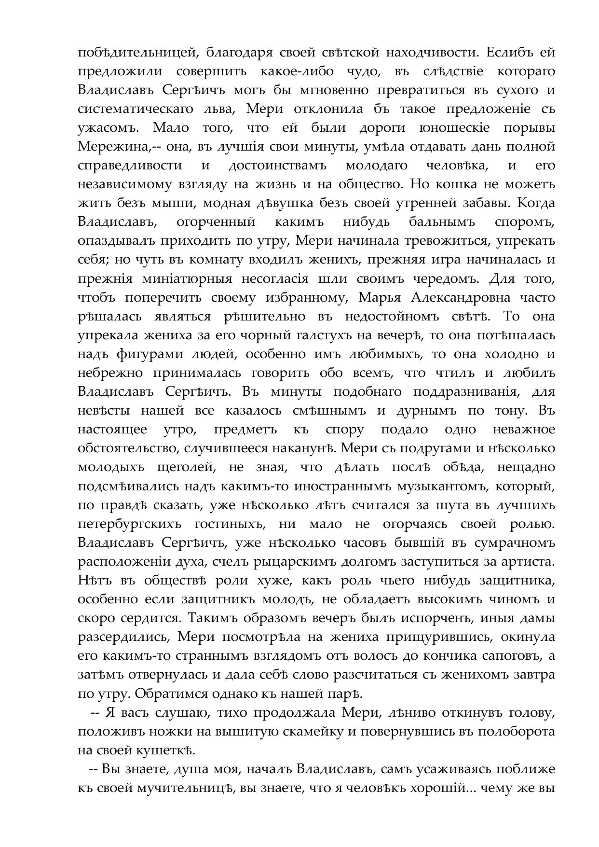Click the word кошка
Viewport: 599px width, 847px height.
[x=449, y=184]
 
